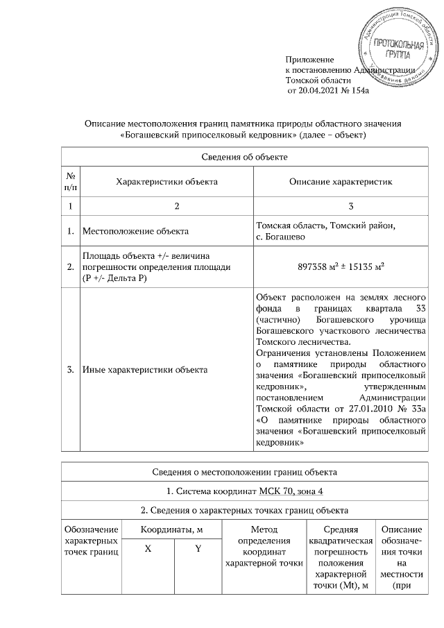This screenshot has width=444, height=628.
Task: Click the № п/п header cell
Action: point(70,182)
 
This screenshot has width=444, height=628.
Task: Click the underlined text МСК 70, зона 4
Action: point(289,492)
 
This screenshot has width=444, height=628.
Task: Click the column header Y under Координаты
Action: point(198,549)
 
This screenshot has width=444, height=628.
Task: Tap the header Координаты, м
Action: point(172,530)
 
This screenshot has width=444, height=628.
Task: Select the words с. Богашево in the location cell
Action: point(282,237)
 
